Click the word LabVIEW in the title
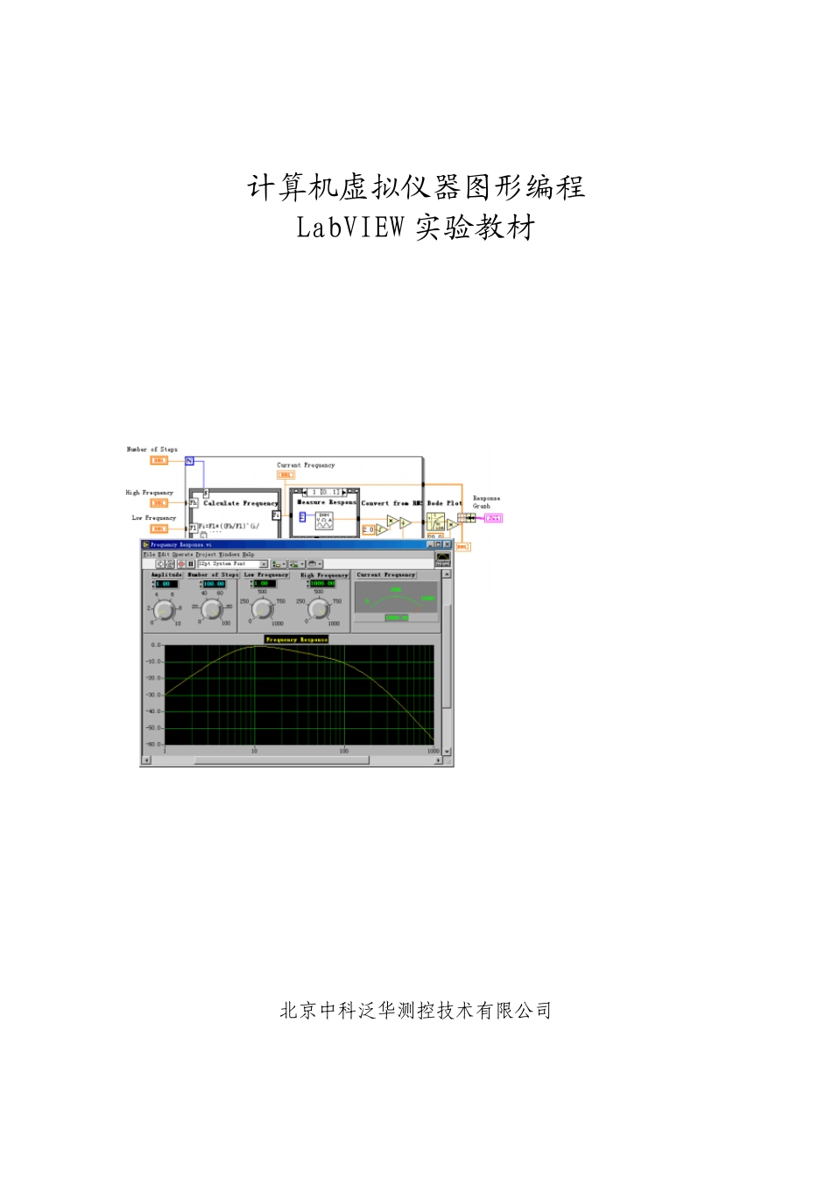pyautogui.click(x=349, y=228)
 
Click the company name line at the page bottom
pyautogui.click(x=415, y=1011)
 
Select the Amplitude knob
pyautogui.click(x=165, y=611)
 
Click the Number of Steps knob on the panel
pyautogui.click(x=212, y=610)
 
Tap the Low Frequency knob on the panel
pyautogui.click(x=263, y=610)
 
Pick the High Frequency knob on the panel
pyautogui.click(x=319, y=610)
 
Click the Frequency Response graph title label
pyautogui.click(x=296, y=640)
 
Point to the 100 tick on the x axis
pyautogui.click(x=343, y=751)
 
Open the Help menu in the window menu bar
pyautogui.click(x=248, y=554)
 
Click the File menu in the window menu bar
pyautogui.click(x=148, y=554)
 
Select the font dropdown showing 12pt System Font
pyautogui.click(x=231, y=564)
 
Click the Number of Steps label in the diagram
pyautogui.click(x=152, y=450)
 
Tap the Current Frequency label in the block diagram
pyautogui.click(x=306, y=466)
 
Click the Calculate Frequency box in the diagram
pyautogui.click(x=241, y=504)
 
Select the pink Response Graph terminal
pyautogui.click(x=494, y=518)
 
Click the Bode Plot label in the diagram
pyautogui.click(x=444, y=503)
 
